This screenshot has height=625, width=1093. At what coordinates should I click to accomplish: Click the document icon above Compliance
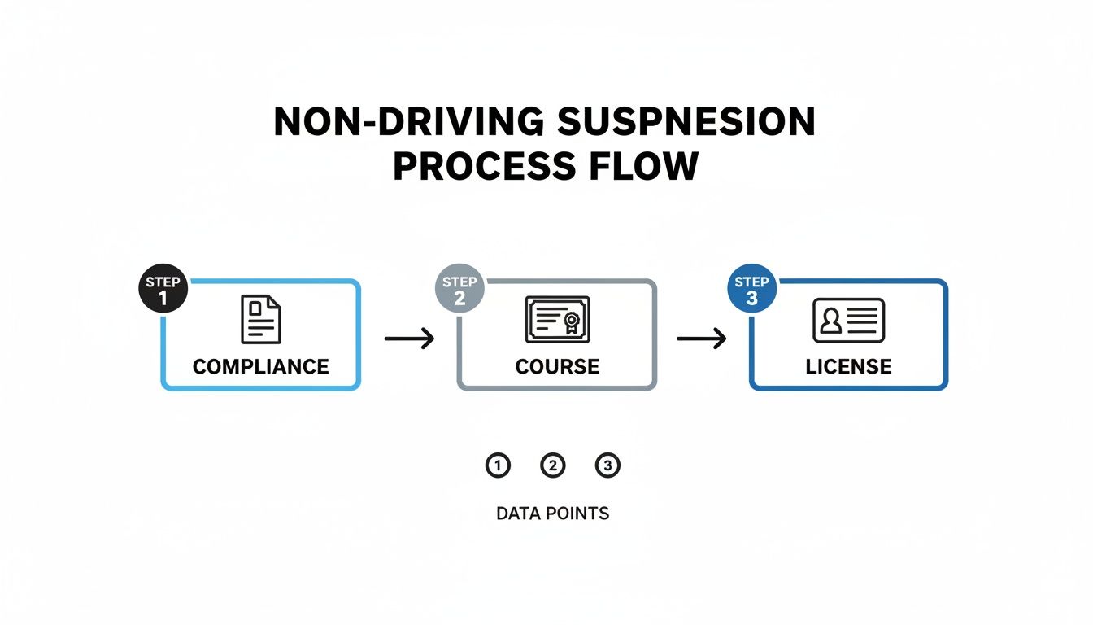[260, 320]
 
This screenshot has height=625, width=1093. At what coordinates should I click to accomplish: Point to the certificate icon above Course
[557, 320]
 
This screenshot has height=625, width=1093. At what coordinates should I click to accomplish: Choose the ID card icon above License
[848, 320]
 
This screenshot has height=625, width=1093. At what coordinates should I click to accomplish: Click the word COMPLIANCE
[260, 366]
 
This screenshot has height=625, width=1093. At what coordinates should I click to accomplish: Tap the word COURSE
[557, 366]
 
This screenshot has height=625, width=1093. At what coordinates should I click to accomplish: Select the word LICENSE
[848, 366]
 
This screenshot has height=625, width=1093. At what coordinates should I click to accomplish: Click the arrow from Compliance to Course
[409, 338]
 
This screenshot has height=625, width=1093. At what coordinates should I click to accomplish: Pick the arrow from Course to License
[701, 338]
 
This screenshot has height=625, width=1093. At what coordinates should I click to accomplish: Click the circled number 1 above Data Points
[497, 465]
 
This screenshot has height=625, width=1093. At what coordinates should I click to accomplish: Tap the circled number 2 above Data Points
[552, 465]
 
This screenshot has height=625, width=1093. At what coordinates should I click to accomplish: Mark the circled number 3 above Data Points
[607, 465]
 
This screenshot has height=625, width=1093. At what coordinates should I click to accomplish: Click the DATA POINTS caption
[552, 514]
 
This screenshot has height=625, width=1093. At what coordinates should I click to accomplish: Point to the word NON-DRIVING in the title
[409, 122]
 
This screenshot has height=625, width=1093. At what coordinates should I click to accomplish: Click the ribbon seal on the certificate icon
[572, 322]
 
